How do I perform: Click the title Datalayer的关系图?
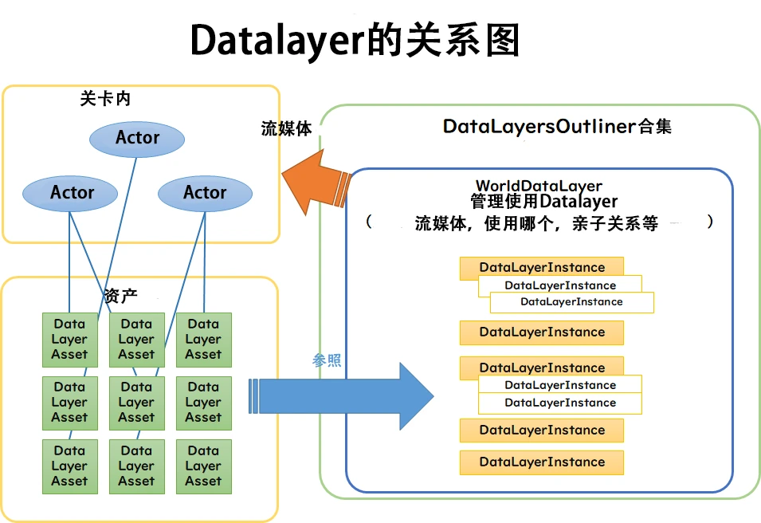(x=355, y=40)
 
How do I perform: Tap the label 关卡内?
(x=105, y=99)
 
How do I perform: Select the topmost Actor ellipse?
(x=137, y=138)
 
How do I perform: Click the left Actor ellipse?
(x=71, y=193)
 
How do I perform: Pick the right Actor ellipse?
(x=205, y=193)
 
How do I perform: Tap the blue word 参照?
(x=327, y=360)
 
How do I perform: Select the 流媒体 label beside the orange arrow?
(x=286, y=129)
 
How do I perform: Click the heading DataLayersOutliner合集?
(x=557, y=126)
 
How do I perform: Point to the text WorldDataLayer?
(x=539, y=187)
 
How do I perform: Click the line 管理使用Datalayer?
(x=543, y=202)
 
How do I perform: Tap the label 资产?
(x=121, y=296)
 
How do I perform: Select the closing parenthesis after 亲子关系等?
(x=709, y=222)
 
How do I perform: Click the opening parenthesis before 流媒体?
(x=369, y=222)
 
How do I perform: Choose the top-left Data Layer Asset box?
(x=69, y=340)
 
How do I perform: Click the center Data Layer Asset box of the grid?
(x=136, y=403)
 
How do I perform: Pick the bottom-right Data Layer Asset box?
(x=203, y=466)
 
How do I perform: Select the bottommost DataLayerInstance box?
(x=542, y=462)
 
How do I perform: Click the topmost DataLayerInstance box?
(x=542, y=267)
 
